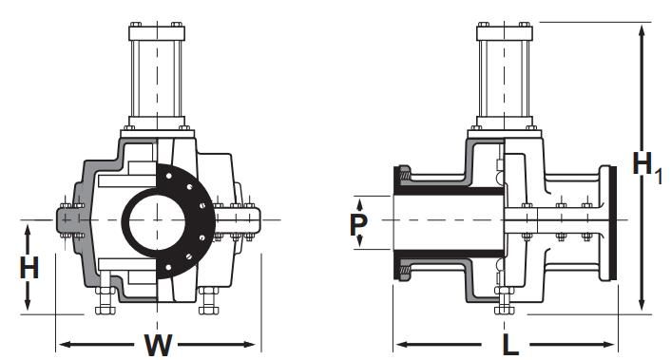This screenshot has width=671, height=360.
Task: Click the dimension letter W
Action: tap(158, 345)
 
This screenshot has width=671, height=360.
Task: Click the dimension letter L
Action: tap(510, 345)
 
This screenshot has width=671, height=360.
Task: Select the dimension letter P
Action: tap(358, 224)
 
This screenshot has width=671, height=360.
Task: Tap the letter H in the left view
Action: tap(29, 268)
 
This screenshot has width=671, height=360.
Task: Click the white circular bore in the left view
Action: tap(157, 220)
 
